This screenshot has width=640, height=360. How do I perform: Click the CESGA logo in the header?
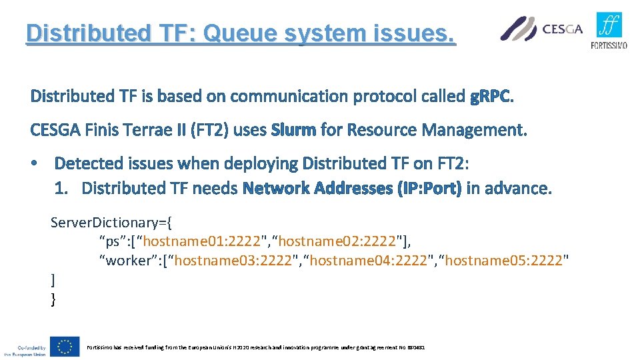coord(541,29)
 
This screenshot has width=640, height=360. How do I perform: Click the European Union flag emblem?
coord(65,347)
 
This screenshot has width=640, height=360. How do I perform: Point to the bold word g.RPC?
coord(492,97)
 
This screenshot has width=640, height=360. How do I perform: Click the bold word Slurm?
coord(293,130)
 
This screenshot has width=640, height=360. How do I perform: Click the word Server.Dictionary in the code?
coord(101,221)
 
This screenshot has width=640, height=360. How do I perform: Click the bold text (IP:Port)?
coord(429,189)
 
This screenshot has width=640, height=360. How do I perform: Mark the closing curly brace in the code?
coord(53,299)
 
